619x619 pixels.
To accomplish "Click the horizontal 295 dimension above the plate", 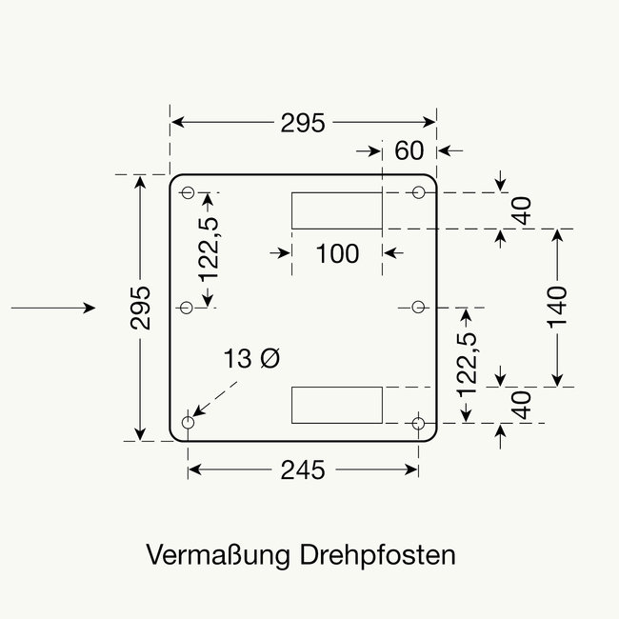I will point(303,123).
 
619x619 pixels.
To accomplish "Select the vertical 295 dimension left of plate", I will point(141,308).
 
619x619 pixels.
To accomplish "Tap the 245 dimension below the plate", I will point(303,469).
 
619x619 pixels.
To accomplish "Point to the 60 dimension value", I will point(409,150).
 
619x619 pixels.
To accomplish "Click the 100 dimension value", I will point(337,253).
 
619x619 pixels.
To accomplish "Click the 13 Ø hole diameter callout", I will point(252,359).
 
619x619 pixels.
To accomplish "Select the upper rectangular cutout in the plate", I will point(335,210).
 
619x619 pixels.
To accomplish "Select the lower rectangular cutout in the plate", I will point(335,405).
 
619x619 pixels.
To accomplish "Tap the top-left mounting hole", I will point(188,192).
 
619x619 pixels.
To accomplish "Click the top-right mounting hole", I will point(419,192).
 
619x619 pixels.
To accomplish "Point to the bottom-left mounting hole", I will point(188,422).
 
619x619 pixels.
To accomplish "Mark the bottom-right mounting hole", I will point(419,422).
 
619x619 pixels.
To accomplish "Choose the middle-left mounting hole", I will point(187,308).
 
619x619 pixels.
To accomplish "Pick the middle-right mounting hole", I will point(419,307).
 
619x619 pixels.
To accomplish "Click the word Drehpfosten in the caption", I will point(377,554).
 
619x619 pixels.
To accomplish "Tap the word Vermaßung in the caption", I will point(218,554).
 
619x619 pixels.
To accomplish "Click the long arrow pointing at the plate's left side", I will point(53,308).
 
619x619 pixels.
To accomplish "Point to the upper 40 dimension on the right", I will point(520,210).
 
